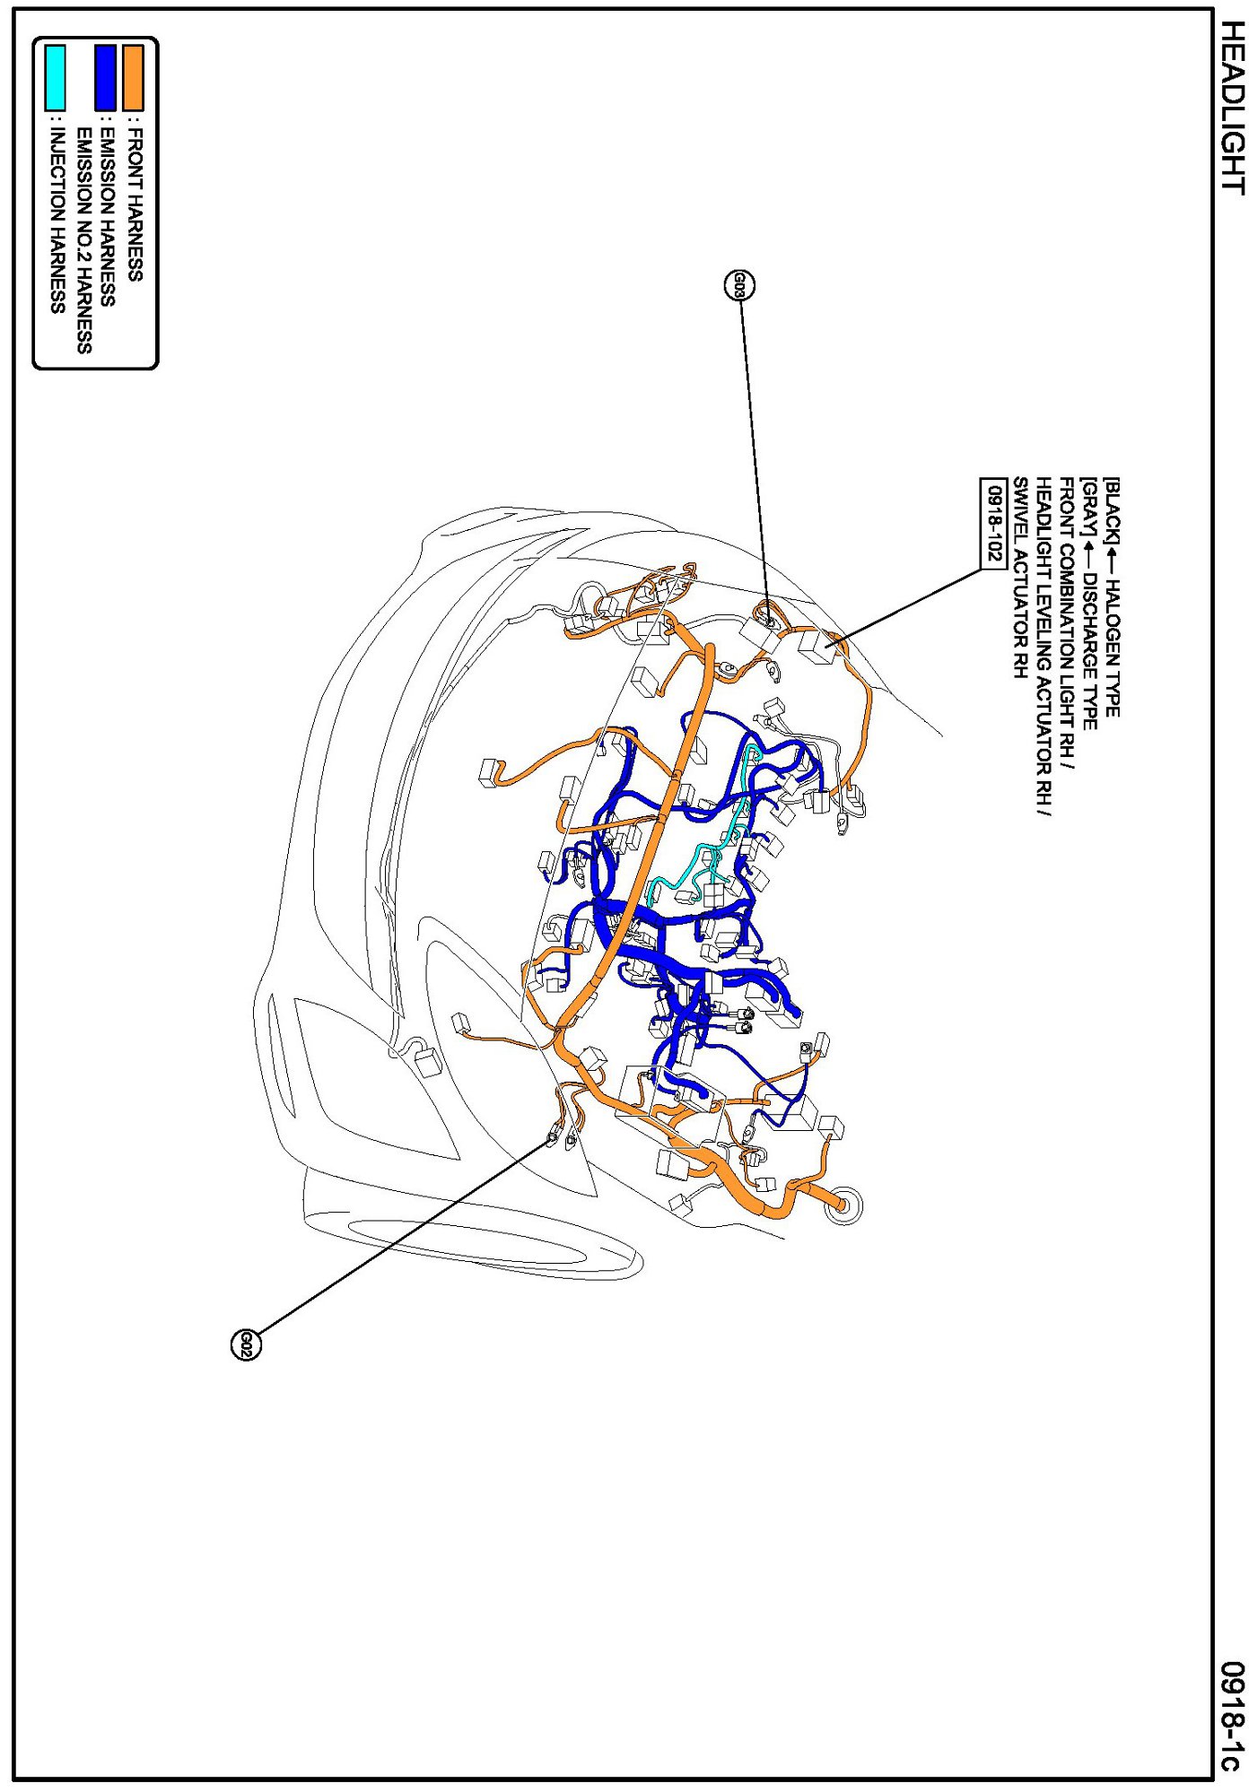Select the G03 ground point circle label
click(738, 285)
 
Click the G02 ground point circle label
click(246, 1344)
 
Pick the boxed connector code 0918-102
click(992, 523)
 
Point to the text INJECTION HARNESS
click(57, 221)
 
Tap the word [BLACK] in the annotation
click(1111, 510)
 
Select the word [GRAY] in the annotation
click(1087, 508)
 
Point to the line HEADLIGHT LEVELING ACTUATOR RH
click(1043, 647)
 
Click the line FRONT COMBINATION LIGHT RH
click(1066, 623)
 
